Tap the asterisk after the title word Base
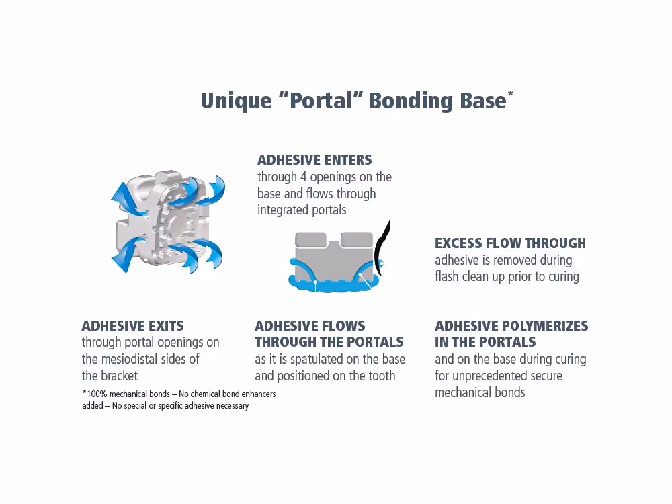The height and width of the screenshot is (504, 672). click(511, 94)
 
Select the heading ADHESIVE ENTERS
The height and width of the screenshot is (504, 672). click(314, 160)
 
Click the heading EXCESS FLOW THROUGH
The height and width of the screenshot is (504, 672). click(510, 243)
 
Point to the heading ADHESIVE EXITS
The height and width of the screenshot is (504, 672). click(132, 326)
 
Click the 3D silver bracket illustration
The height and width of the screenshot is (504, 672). click(165, 222)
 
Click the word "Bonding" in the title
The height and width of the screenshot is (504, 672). click(411, 101)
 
